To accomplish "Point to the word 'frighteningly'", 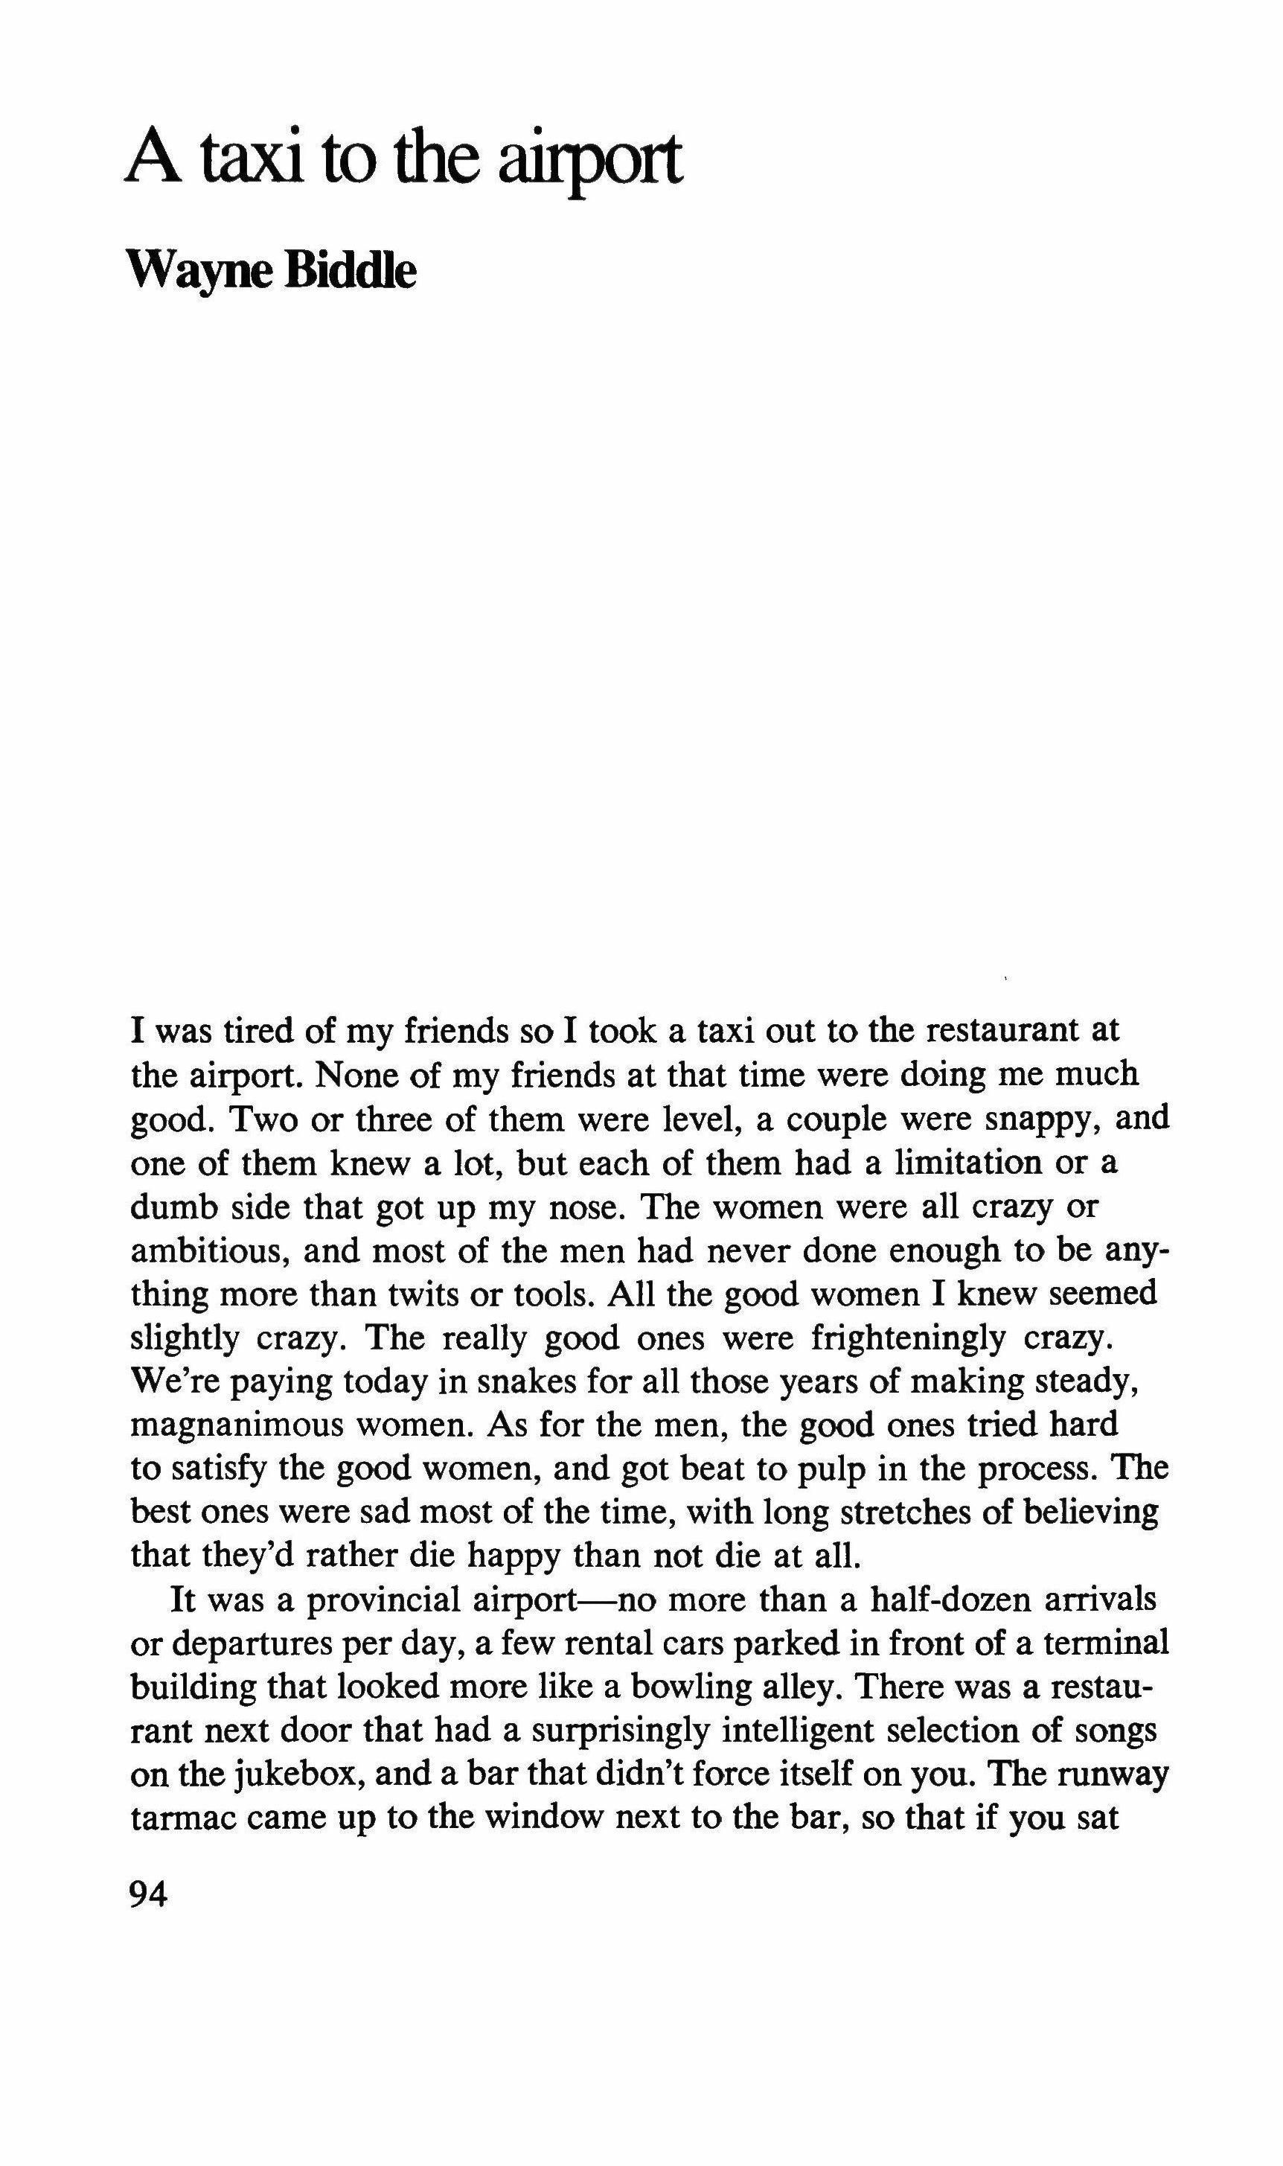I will [x=909, y=1338].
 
